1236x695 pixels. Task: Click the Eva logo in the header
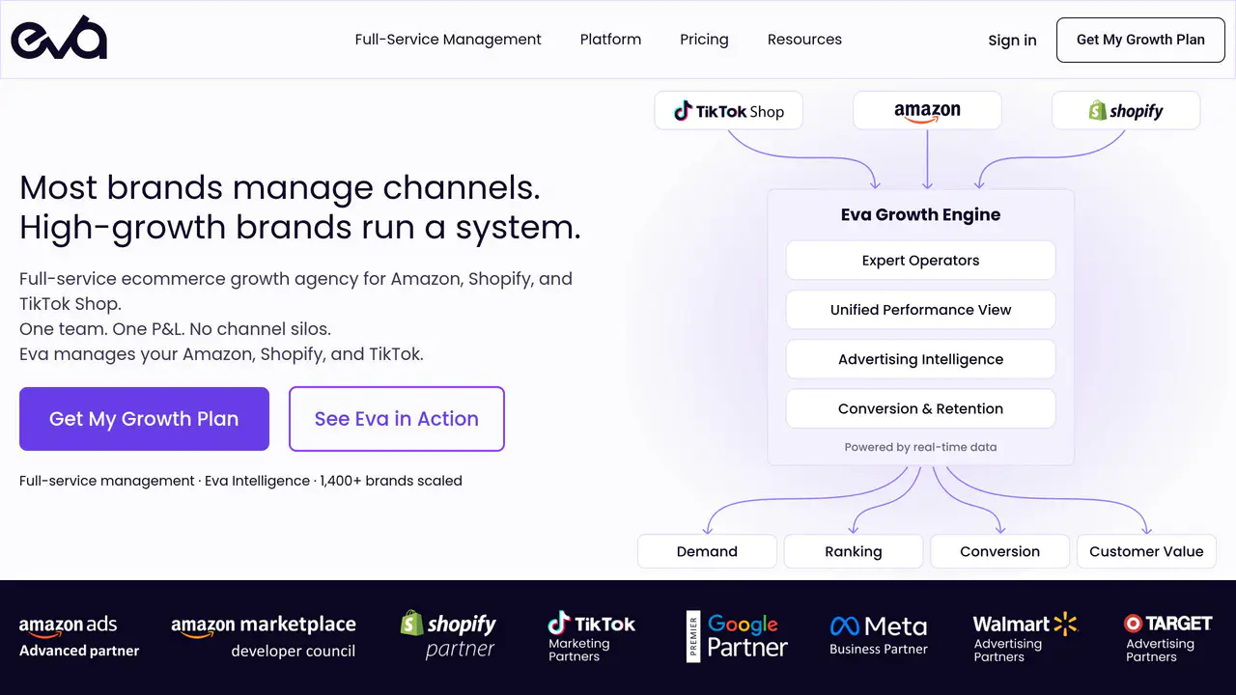[x=59, y=37]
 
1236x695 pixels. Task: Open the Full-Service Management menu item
[x=447, y=40]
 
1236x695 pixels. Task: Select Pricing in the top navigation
[x=704, y=40]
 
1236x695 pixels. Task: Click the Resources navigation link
[x=804, y=40]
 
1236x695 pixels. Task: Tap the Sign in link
[x=1012, y=41]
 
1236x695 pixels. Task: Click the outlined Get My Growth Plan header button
[x=1140, y=40]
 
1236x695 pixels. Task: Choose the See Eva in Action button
[x=397, y=419]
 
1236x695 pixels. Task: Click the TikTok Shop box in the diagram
[x=728, y=111]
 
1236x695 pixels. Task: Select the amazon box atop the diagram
[x=927, y=111]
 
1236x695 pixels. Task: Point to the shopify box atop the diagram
[x=1126, y=111]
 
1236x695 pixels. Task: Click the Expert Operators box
[x=920, y=261]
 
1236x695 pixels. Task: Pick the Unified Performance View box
[x=920, y=310]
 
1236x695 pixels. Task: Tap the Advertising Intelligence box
[x=920, y=359]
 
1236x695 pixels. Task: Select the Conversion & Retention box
[x=920, y=408]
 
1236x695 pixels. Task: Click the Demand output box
[x=707, y=551]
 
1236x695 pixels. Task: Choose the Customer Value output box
[x=1146, y=551]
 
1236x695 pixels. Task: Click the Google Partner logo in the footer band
[x=737, y=636]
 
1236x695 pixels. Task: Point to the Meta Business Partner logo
[x=879, y=635]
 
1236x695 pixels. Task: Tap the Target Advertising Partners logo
[x=1168, y=638]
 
